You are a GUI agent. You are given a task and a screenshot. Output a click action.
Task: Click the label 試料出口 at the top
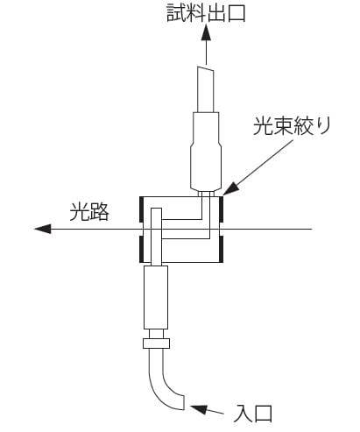coord(206,13)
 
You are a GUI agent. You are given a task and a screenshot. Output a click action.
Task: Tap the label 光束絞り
coord(292,126)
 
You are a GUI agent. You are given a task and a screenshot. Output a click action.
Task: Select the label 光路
coord(89,211)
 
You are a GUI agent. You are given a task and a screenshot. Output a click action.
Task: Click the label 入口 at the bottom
coord(253,414)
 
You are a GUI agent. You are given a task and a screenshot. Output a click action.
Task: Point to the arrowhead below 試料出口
coord(206,32)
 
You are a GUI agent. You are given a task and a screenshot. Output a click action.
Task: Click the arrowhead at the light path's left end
coord(43,229)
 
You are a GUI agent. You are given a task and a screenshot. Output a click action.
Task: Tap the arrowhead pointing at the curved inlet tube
coord(199,408)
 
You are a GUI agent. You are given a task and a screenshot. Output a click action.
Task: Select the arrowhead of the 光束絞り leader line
coord(230,189)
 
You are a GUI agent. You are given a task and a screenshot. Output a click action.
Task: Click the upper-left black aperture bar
coord(141,209)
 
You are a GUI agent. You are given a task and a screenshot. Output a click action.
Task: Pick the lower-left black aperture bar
coord(141,249)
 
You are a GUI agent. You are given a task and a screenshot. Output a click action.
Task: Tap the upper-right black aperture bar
coord(222,209)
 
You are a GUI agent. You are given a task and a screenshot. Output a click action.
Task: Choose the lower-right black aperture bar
coord(222,249)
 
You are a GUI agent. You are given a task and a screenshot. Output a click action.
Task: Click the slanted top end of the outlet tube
coord(205,69)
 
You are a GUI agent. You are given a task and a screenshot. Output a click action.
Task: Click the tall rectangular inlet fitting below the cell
coord(156,297)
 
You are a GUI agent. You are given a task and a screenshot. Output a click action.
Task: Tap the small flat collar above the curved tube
coord(156,343)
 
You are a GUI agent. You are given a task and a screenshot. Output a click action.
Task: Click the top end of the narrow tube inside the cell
coord(156,209)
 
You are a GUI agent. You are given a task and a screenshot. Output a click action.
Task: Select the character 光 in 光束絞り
coord(263,126)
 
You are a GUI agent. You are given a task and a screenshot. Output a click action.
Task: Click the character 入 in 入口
coord(244,414)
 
